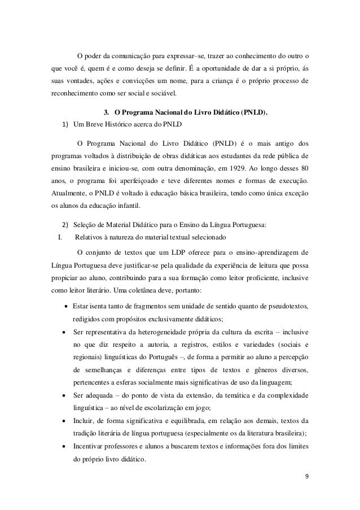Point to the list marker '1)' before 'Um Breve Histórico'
(x=66, y=125)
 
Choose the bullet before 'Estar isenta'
(x=67, y=307)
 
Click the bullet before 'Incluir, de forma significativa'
(x=67, y=421)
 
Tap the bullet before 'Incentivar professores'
(x=67, y=446)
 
